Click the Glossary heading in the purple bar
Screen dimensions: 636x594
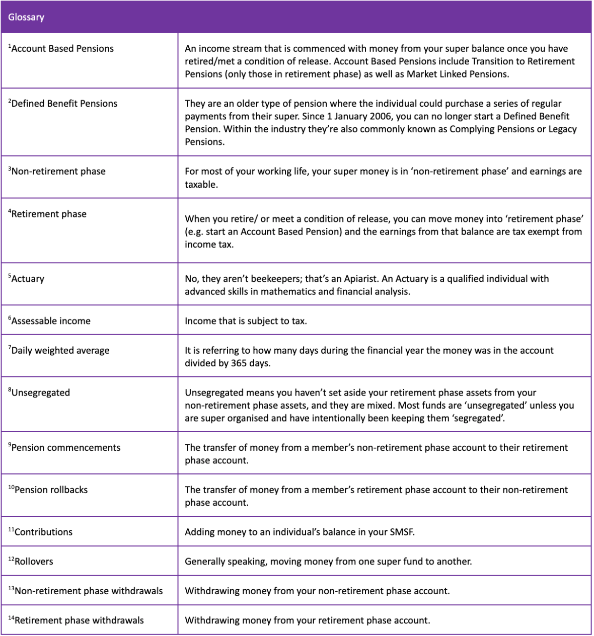tap(26, 17)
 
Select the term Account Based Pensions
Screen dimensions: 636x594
tap(62, 49)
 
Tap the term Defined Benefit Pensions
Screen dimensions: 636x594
tap(64, 104)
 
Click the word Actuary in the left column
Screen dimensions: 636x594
tap(28, 279)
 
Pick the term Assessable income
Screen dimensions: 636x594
tap(51, 321)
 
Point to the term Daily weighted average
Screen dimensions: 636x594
tap(60, 351)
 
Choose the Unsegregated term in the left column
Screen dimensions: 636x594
tap(40, 393)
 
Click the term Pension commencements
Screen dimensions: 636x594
tap(65, 448)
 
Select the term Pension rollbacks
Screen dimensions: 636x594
tap(51, 490)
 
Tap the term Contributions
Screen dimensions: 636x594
tap(43, 532)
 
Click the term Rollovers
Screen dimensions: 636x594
tap(34, 562)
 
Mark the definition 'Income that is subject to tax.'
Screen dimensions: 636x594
tap(246, 321)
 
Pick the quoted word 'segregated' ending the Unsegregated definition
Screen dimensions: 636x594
tap(479, 418)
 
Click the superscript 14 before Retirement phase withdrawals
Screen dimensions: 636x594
tap(11, 618)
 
